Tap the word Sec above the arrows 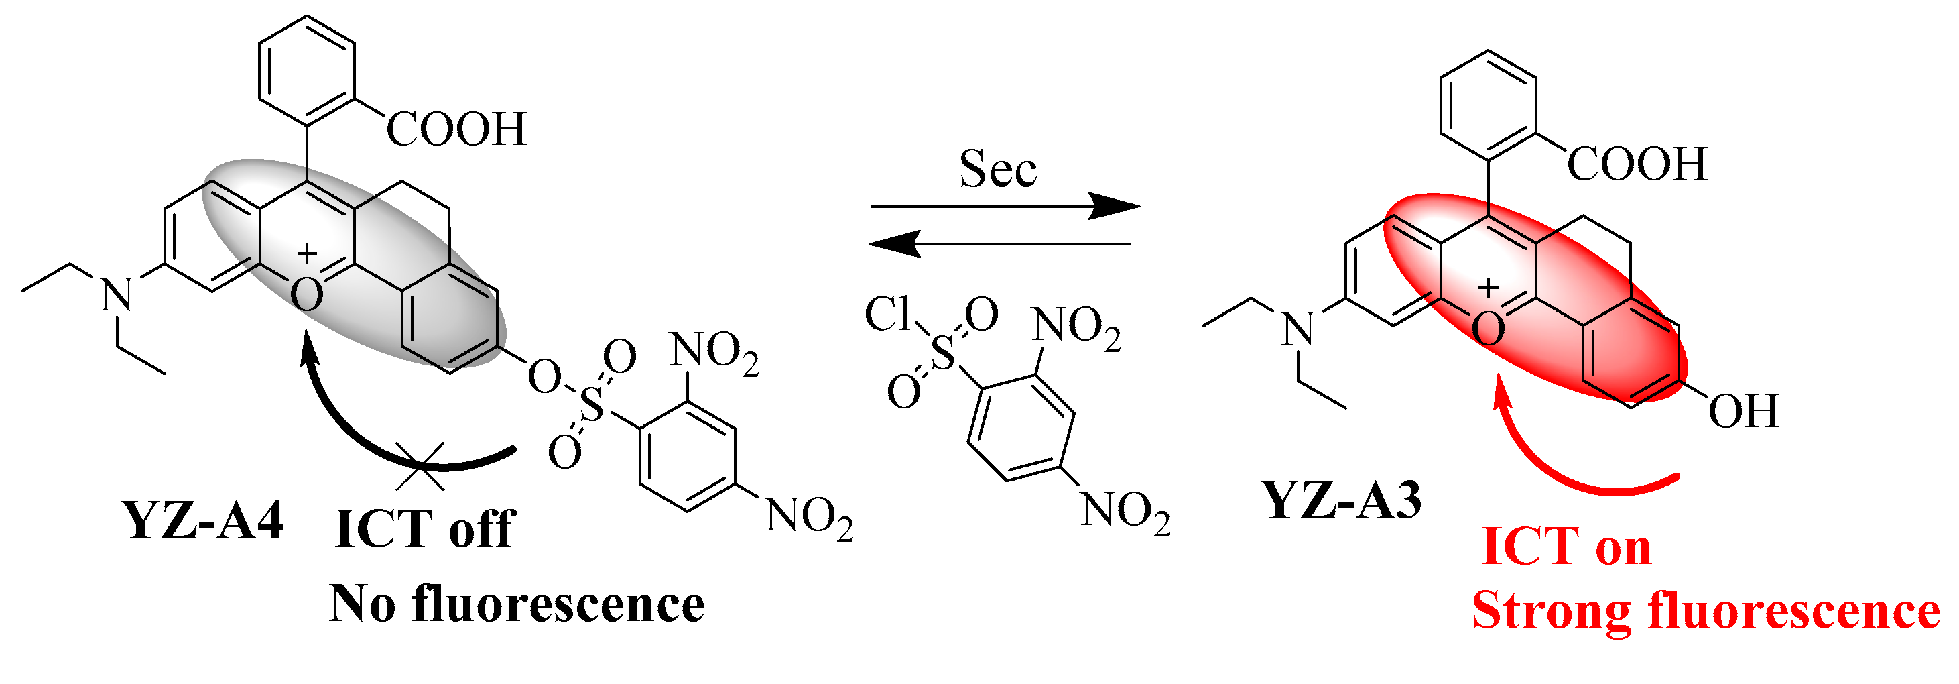tap(997, 169)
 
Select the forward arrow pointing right tap(1004, 205)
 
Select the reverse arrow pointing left tap(1000, 244)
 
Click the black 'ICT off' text tap(425, 529)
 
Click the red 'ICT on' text tap(1566, 547)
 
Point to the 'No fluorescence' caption tap(517, 605)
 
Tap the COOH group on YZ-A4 tap(456, 129)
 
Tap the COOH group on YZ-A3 tap(1637, 164)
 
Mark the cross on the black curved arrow tap(420, 465)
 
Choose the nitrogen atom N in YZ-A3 tap(1298, 329)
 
